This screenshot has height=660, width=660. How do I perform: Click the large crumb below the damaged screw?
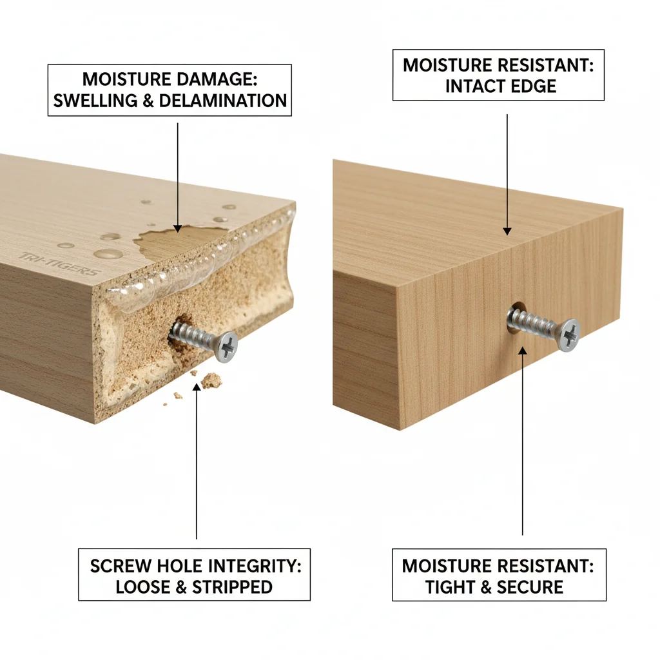coord(211,381)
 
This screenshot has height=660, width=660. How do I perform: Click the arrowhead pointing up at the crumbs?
coord(196,374)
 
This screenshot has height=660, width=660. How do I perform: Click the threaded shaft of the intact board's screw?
coord(532,322)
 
